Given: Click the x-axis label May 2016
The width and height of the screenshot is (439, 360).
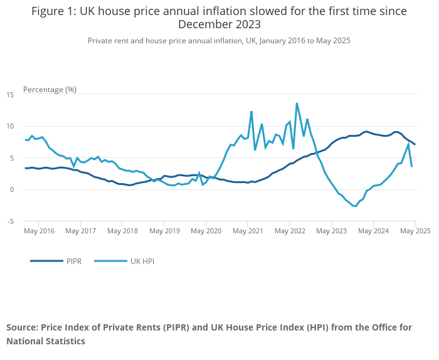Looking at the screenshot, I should click(39, 231).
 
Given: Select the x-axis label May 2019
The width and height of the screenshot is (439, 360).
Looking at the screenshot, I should click(164, 231).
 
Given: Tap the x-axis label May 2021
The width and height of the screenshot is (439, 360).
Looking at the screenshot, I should click(248, 231).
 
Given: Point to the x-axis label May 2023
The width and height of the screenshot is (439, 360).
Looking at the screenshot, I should click(331, 231).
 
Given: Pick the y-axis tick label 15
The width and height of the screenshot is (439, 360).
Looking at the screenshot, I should click(10, 94).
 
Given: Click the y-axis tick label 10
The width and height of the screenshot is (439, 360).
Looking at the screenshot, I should click(10, 126).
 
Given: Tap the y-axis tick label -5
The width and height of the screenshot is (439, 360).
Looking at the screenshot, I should click(10, 221).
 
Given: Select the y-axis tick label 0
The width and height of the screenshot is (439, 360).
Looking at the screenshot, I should click(12, 189).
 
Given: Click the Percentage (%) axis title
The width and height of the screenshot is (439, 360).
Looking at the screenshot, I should click(50, 89).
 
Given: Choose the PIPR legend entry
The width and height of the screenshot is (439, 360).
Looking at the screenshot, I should click(73, 261).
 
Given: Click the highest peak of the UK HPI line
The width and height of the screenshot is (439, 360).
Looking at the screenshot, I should click(297, 103).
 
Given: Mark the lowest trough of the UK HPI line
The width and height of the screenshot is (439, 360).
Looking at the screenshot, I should click(356, 206).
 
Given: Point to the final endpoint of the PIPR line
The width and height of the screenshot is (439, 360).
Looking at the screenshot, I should click(415, 145).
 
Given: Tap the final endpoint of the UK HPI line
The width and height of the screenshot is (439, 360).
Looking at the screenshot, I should click(411, 166).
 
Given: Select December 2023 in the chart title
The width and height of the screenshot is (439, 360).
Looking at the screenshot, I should click(219, 24).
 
